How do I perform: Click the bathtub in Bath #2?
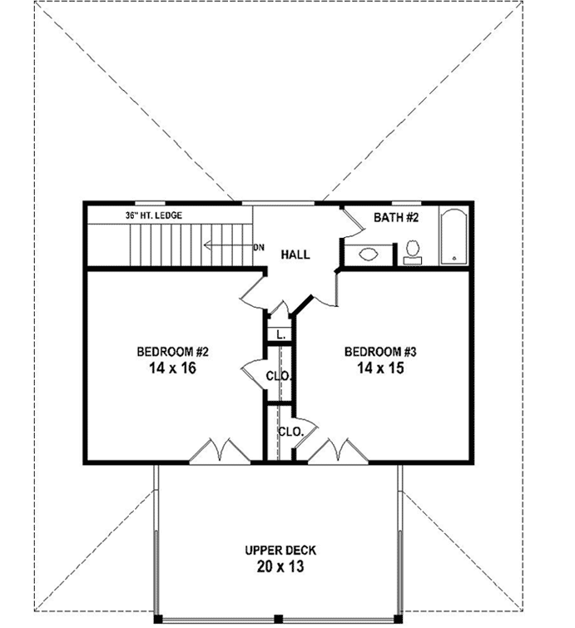tap(454, 237)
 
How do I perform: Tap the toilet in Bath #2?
tap(413, 252)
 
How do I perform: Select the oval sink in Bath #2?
tap(369, 254)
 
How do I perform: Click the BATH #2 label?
tap(395, 218)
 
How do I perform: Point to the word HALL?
tap(295, 254)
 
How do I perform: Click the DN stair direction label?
tap(258, 246)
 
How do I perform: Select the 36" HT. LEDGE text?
tap(154, 215)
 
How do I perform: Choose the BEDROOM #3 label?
tap(379, 351)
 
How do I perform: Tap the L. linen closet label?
tap(280, 334)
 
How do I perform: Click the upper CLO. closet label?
tap(278, 376)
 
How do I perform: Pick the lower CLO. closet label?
tap(290, 432)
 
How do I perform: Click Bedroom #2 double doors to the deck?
tap(218, 451)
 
